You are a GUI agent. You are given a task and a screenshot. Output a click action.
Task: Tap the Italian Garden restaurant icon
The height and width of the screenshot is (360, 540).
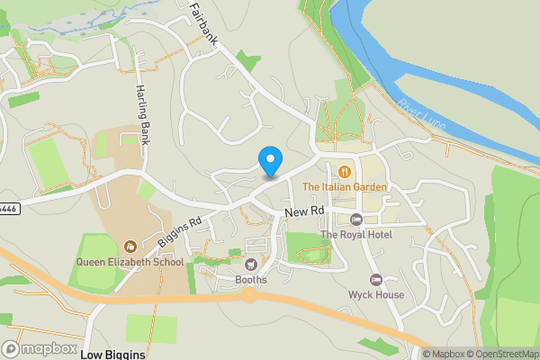coord(345,170)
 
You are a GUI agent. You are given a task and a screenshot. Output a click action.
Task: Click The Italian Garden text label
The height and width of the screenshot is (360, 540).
coord(345,187)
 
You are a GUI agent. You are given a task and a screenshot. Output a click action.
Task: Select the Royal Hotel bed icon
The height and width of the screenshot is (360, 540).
coord(356,220)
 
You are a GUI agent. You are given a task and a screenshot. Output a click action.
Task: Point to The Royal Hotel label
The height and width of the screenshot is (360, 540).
coord(356,235)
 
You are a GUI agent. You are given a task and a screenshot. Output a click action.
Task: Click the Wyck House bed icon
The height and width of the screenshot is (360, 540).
coord(376,280)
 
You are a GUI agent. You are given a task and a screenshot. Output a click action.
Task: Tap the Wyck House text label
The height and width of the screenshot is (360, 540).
coord(376,295)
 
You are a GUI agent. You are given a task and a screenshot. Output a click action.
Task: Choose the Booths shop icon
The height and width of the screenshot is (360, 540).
coord(251,265)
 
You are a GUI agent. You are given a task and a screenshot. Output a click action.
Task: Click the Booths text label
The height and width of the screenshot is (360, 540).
coord(251,280)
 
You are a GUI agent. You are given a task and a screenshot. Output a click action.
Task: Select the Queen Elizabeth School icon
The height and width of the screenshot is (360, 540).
coord(130,247)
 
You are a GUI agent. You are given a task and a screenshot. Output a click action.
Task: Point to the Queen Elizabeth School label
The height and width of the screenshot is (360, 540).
coord(130,263)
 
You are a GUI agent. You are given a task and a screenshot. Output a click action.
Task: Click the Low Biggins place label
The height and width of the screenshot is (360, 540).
coord(112,355)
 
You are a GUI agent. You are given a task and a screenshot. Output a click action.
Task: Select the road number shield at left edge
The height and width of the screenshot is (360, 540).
coord(7,208)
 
